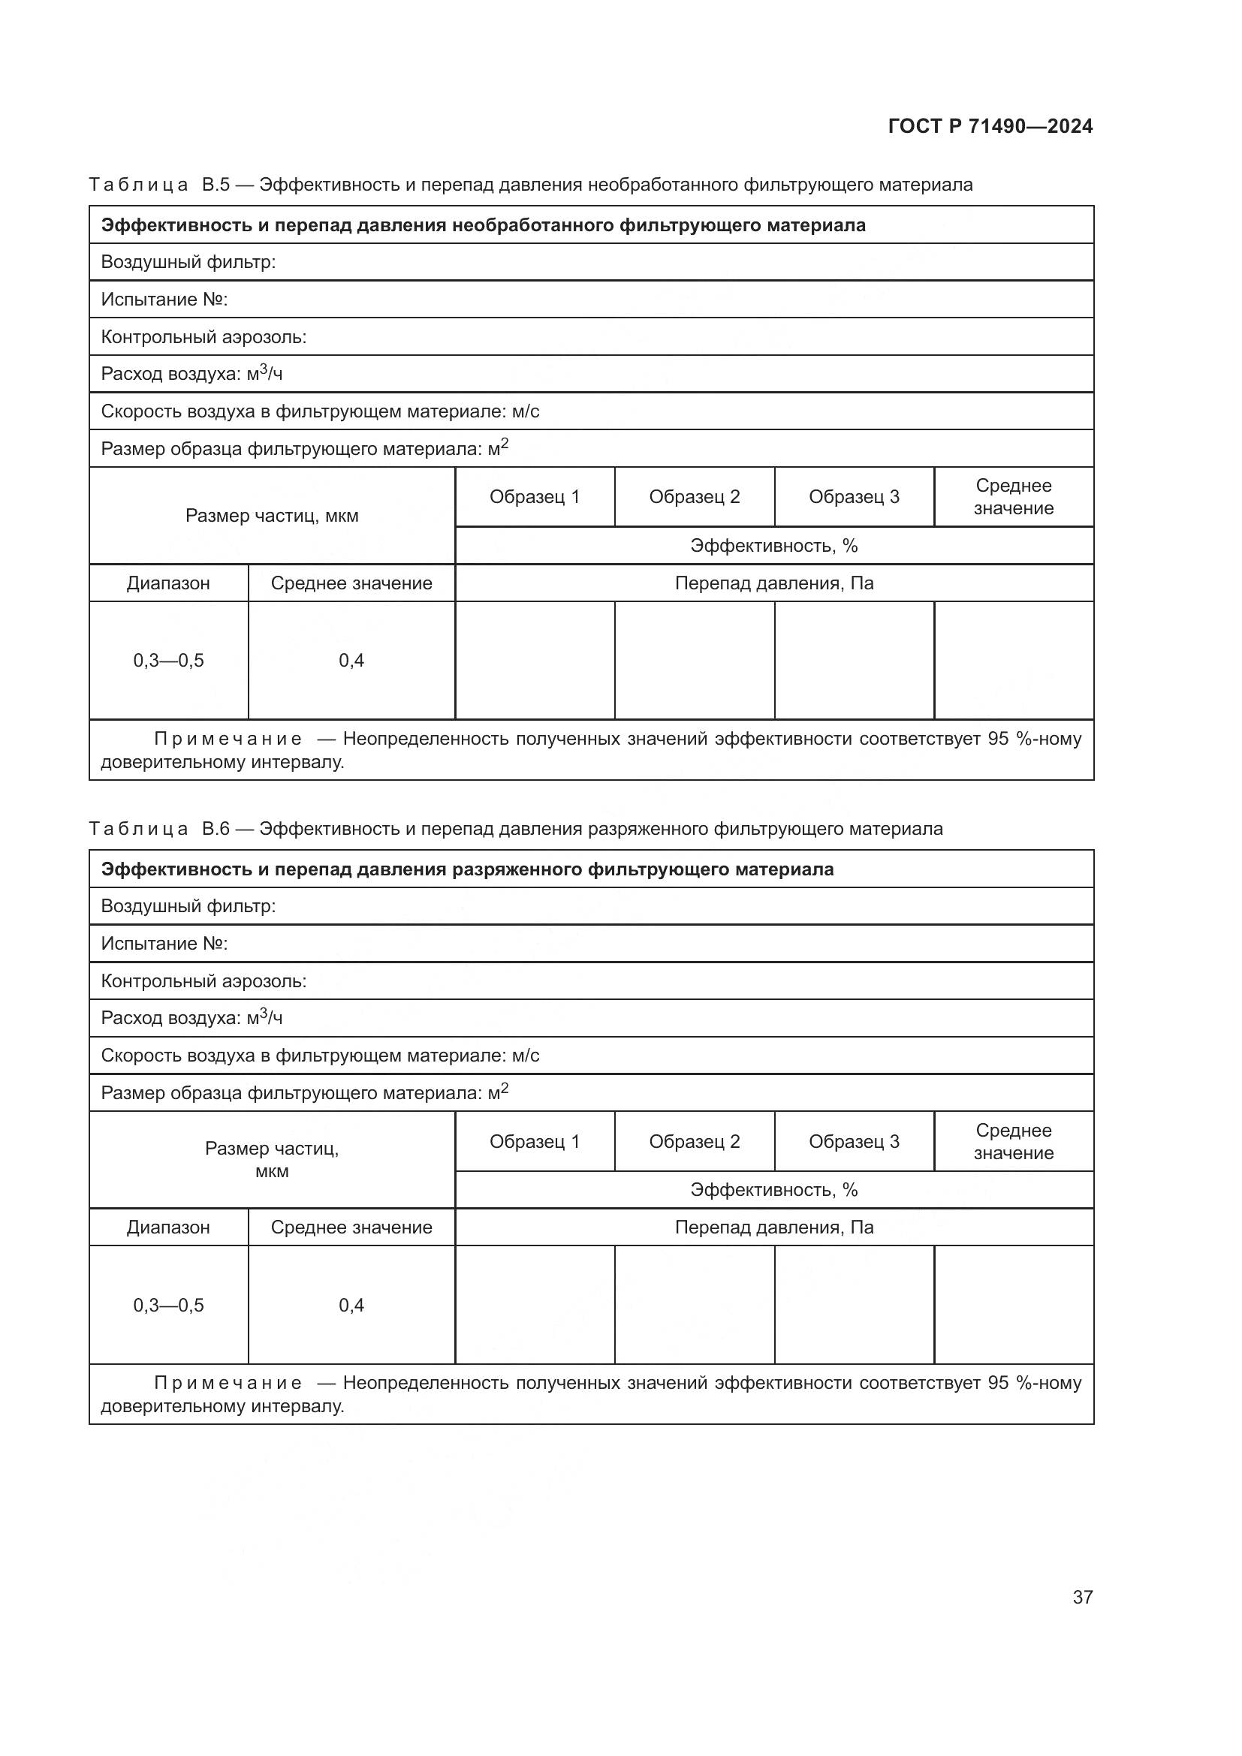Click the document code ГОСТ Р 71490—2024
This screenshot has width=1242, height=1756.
click(990, 127)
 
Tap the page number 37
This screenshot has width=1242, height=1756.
click(1082, 1597)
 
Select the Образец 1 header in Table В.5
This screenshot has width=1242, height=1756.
click(535, 497)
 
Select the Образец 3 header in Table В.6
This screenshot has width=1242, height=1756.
click(854, 1142)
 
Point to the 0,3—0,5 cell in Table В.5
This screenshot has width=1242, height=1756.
click(168, 661)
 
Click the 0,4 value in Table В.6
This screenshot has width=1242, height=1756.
click(351, 1306)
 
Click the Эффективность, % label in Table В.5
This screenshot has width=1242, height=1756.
click(773, 546)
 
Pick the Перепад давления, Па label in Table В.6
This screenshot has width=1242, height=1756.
click(773, 1227)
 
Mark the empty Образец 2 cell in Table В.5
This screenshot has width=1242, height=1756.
click(695, 661)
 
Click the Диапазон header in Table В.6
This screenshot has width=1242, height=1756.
click(168, 1227)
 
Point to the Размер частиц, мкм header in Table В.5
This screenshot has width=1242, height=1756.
click(272, 517)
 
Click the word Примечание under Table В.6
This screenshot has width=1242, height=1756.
click(228, 1383)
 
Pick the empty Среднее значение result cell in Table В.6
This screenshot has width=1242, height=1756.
click(1013, 1306)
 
